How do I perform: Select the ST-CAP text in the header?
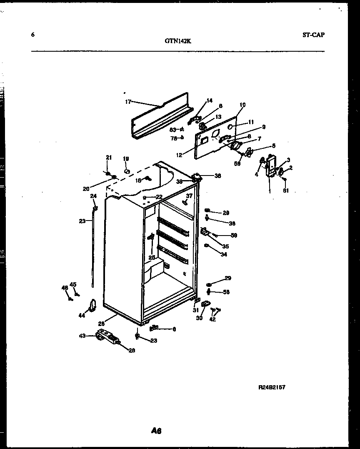(x=313, y=35)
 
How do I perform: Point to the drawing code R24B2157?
(x=272, y=387)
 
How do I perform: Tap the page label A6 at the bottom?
(x=156, y=431)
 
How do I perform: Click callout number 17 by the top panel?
(x=128, y=101)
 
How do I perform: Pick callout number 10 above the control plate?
(x=242, y=105)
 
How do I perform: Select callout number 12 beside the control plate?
(x=179, y=155)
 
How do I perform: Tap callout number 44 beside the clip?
(x=82, y=316)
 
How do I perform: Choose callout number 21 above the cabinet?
(x=109, y=158)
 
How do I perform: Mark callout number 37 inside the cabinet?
(x=189, y=196)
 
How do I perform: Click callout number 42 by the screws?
(x=212, y=319)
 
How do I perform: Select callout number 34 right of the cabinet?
(x=224, y=254)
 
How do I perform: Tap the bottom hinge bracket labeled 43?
(x=107, y=337)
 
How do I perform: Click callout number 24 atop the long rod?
(x=93, y=196)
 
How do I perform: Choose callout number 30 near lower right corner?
(x=199, y=318)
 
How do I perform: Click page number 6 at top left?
(x=33, y=35)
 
